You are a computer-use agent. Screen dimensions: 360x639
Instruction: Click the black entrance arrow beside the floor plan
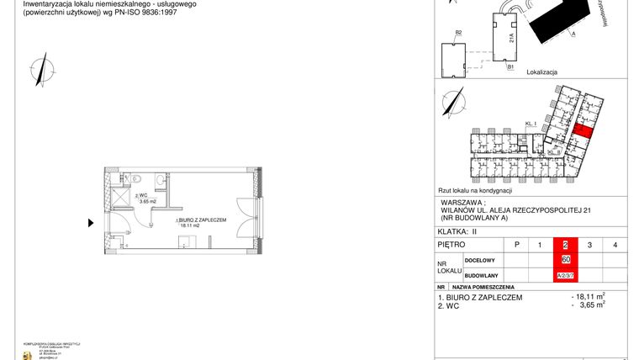pos(91,223)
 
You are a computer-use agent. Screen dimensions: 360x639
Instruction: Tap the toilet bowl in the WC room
pos(158,178)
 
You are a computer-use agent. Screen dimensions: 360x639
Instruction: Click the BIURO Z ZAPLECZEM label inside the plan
pos(202,220)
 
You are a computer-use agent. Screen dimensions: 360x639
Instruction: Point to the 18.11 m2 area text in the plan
pos(193,225)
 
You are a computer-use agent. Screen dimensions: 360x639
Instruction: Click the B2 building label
pos(459,33)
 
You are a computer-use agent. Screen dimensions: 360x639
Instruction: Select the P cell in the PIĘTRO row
pos(515,245)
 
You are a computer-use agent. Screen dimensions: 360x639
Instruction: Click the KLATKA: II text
pos(458,230)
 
